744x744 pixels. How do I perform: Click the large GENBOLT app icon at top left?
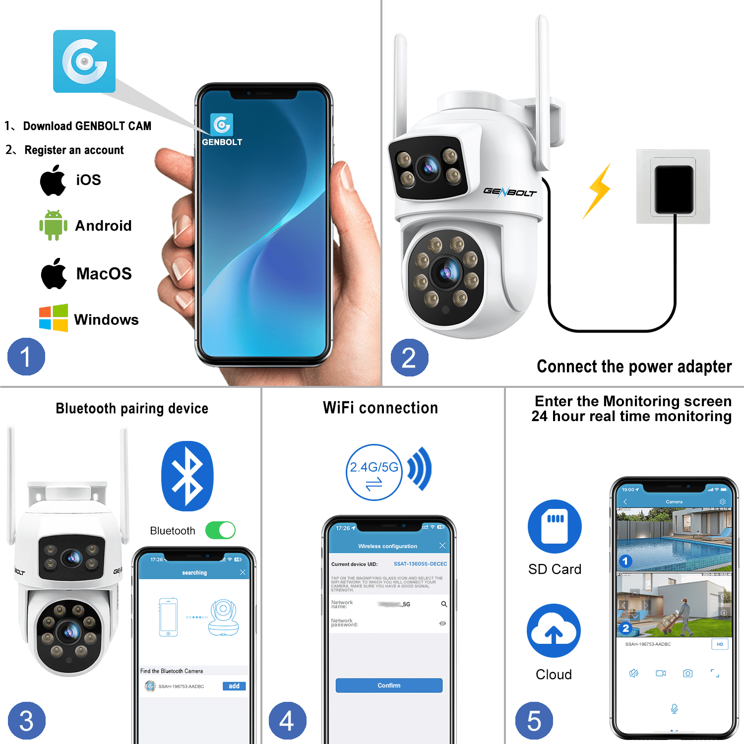tap(84, 62)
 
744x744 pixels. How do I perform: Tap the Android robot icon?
tap(53, 225)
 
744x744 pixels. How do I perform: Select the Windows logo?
tap(53, 318)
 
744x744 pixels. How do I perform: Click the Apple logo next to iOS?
tap(53, 181)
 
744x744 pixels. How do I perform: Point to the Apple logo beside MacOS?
tap(54, 273)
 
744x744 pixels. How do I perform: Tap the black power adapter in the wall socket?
tap(674, 189)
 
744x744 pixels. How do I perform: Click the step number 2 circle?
tap(409, 358)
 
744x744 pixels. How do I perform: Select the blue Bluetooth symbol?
tap(187, 476)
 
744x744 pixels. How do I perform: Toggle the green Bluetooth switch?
tap(220, 530)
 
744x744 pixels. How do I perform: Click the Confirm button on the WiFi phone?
tap(389, 685)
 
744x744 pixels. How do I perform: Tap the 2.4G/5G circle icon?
tap(374, 472)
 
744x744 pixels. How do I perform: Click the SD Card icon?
tap(555, 526)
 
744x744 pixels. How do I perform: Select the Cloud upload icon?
tap(554, 630)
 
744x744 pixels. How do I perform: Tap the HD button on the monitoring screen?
tap(720, 644)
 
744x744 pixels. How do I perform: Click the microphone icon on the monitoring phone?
tap(674, 709)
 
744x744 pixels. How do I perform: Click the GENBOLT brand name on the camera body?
tap(510, 192)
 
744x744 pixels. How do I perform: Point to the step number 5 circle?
tap(534, 721)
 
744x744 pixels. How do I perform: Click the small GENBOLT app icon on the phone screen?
tap(222, 124)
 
